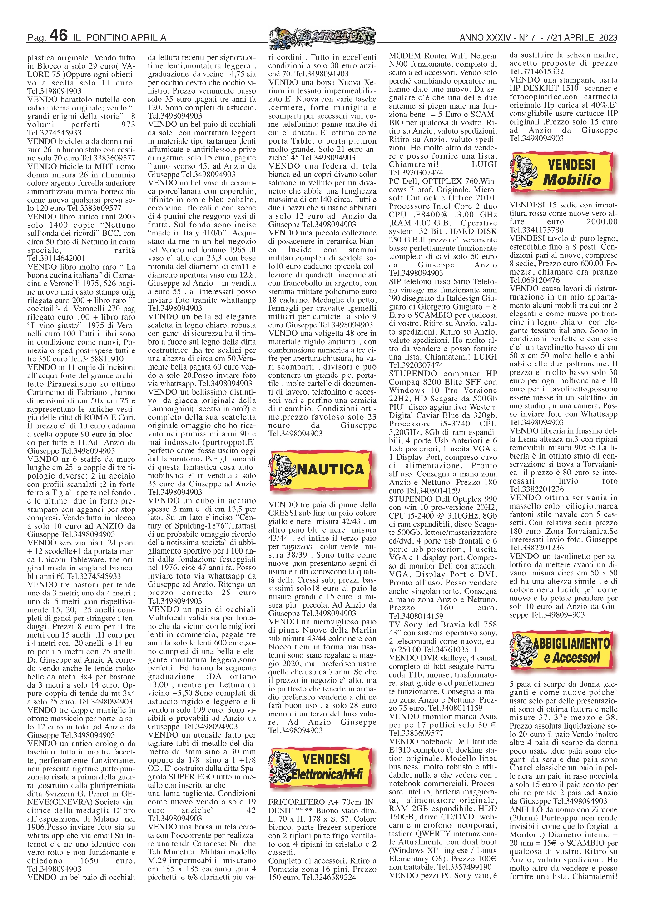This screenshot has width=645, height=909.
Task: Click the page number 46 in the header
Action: (58, 35)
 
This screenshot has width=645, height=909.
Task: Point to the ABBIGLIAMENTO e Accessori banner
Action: (563, 650)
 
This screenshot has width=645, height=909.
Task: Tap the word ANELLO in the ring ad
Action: (525, 809)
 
